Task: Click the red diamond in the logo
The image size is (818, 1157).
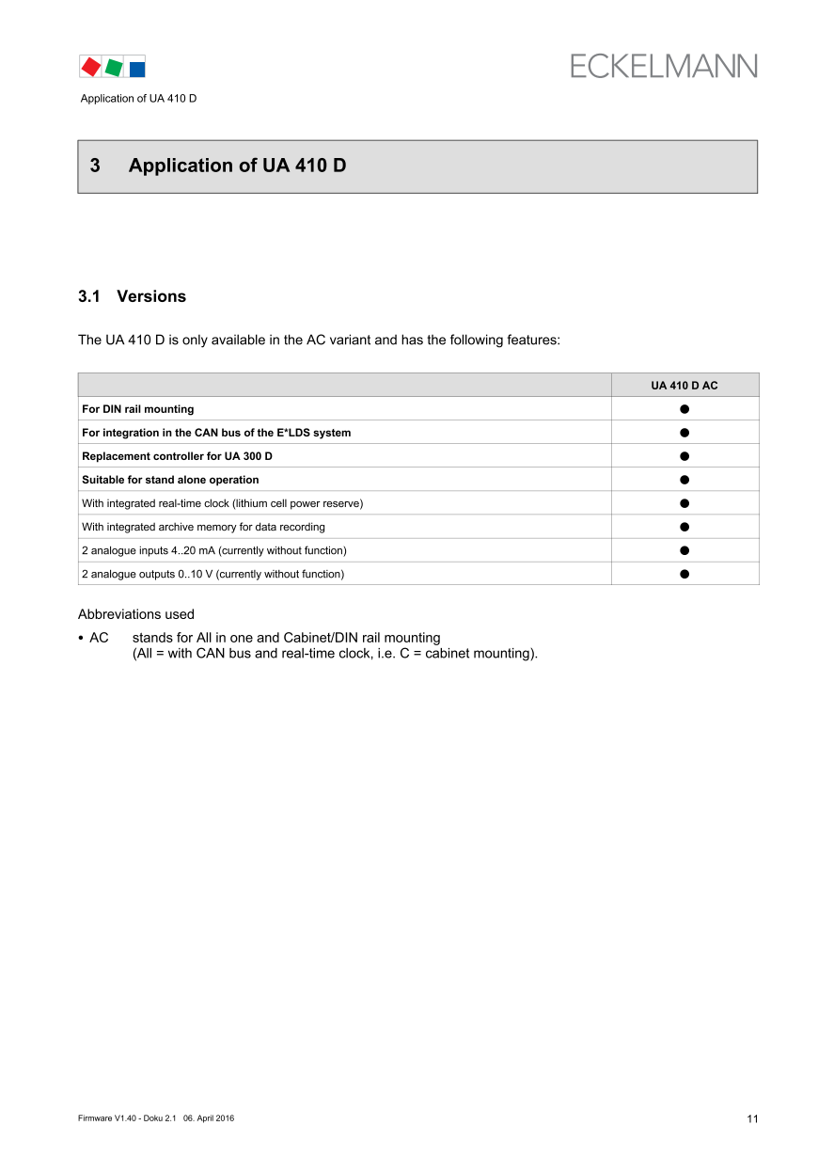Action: pyautogui.click(x=90, y=67)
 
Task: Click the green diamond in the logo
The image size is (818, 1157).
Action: pyautogui.click(x=114, y=68)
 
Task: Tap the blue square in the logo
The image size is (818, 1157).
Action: pyautogui.click(x=137, y=69)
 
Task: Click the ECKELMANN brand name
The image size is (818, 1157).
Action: pyautogui.click(x=663, y=66)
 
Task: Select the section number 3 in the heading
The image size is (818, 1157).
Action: pyautogui.click(x=95, y=166)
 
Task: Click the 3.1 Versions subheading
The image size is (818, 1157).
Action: pyautogui.click(x=132, y=296)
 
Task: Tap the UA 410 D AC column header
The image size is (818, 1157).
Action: pyautogui.click(x=684, y=386)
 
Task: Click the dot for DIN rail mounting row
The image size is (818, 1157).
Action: pyautogui.click(x=684, y=409)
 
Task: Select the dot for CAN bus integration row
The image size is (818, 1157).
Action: pyautogui.click(x=684, y=433)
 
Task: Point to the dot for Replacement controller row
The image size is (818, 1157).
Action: pyautogui.click(x=684, y=456)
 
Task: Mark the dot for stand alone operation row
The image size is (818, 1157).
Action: pyautogui.click(x=684, y=480)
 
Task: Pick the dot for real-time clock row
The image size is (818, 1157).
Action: pyautogui.click(x=684, y=503)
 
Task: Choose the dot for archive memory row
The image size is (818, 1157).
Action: pyautogui.click(x=684, y=527)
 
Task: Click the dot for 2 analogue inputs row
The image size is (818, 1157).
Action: pyautogui.click(x=684, y=550)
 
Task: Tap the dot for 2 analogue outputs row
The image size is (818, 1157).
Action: pyautogui.click(x=684, y=574)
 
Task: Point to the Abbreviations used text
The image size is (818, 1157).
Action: pyautogui.click(x=136, y=614)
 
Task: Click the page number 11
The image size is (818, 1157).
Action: pyautogui.click(x=752, y=1118)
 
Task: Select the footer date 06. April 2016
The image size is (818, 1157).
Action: pyautogui.click(x=209, y=1117)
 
